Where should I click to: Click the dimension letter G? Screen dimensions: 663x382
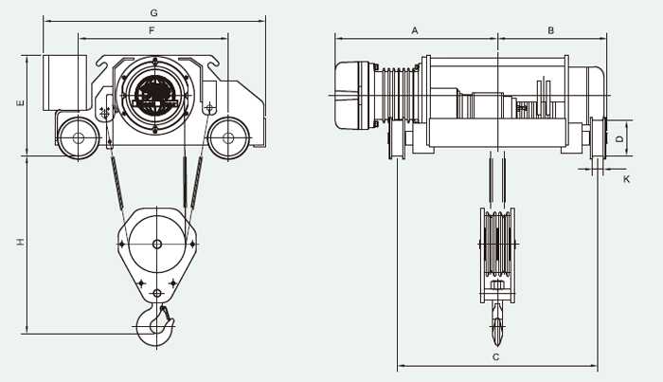(x=153, y=12)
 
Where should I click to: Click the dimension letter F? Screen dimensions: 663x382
(x=152, y=30)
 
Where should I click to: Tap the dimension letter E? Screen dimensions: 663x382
(x=20, y=102)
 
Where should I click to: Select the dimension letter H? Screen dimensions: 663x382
(x=20, y=242)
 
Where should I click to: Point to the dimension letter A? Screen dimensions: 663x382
(x=415, y=31)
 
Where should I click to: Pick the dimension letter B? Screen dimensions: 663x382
(x=550, y=30)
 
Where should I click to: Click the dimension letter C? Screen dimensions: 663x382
(x=496, y=357)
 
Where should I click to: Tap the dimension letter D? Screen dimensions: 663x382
(x=619, y=138)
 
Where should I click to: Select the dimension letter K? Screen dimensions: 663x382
(x=626, y=179)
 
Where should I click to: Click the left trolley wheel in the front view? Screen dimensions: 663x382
(x=79, y=137)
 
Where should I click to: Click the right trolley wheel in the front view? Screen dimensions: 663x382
(x=228, y=137)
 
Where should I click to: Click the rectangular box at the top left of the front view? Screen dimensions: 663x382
(x=64, y=82)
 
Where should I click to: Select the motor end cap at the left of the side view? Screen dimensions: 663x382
(x=351, y=95)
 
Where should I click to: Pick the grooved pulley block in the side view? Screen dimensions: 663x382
(x=497, y=245)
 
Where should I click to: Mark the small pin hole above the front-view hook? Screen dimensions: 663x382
(x=157, y=293)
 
